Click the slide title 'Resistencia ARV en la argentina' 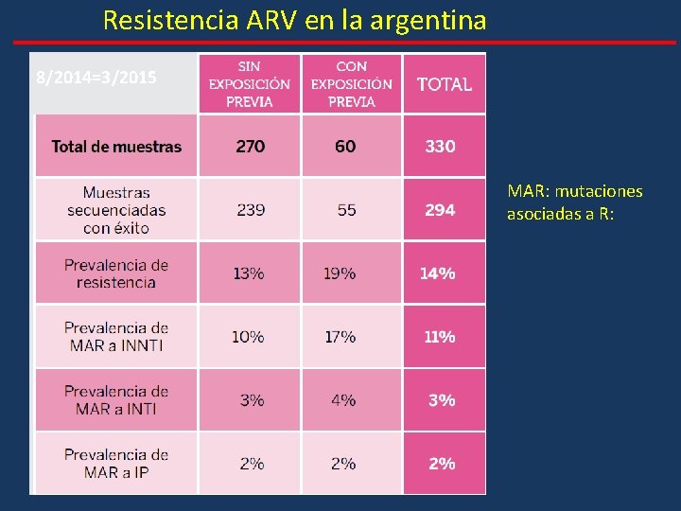coord(294,20)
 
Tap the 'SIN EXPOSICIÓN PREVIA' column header coord(250,83)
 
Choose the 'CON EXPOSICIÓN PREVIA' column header coord(351,83)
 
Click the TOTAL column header coord(444,84)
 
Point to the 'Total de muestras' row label coord(116,147)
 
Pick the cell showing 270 coord(250,147)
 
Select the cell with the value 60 coord(345,147)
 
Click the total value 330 coord(440,147)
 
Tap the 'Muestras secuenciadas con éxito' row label coord(116,210)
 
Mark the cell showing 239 coord(251,210)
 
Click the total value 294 coord(440,210)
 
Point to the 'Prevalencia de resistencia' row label coord(116,273)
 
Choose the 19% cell coord(340,273)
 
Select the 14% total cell coord(438,273)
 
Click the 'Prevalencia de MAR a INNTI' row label coord(116,337)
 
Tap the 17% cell coord(340,337)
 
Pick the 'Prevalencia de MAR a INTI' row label coord(116,400)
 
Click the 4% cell coord(343,400)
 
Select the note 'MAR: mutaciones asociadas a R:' coord(574,203)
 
